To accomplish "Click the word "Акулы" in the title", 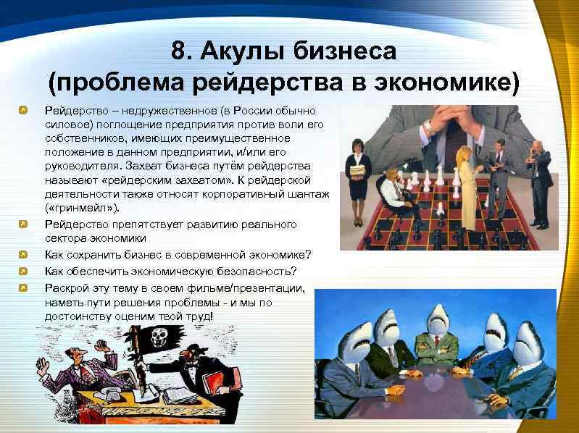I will click(242, 51).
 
